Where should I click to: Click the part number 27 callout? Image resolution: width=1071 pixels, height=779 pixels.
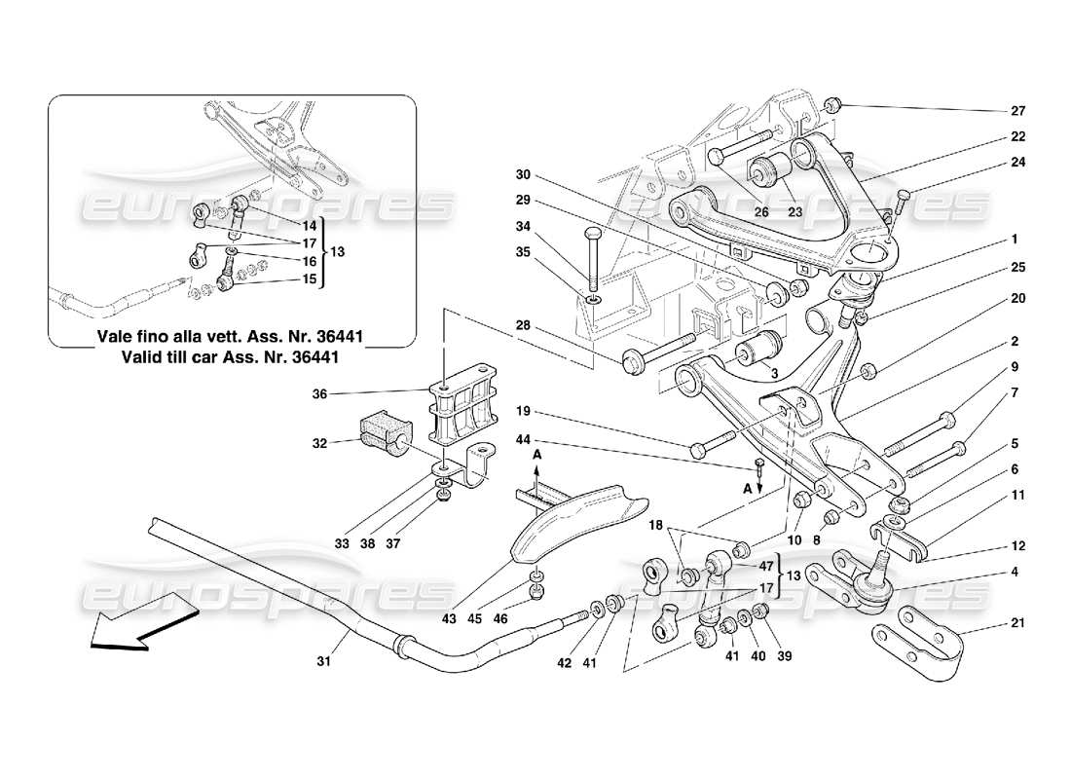point(1017,110)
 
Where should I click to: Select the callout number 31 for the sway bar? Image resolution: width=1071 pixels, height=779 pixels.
point(324,663)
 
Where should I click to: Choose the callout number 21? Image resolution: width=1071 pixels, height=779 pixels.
point(1017,622)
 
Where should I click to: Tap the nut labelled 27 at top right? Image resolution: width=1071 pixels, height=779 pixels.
point(833,105)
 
